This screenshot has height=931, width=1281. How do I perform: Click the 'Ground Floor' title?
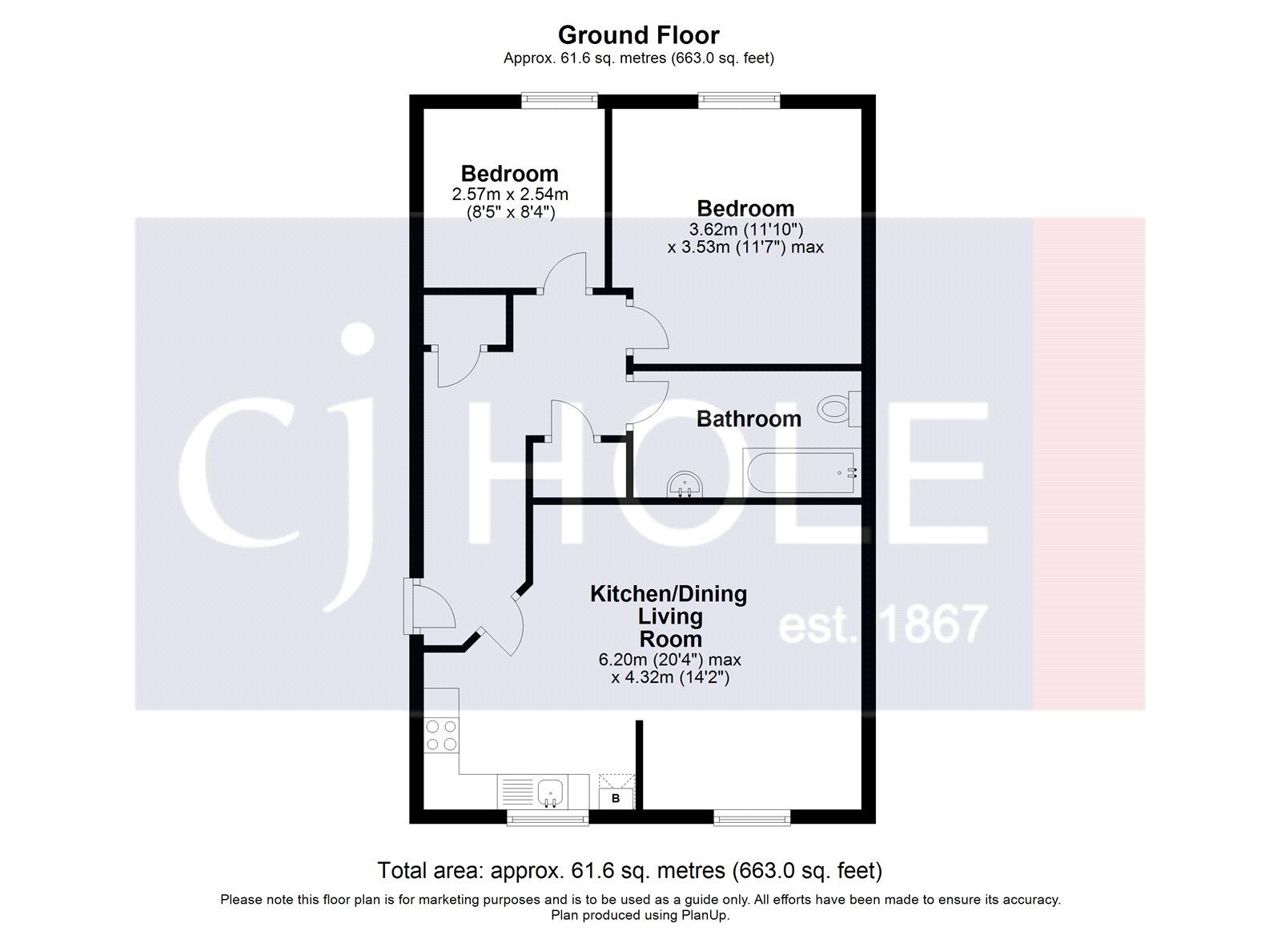click(x=638, y=35)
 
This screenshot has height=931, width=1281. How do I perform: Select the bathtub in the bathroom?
click(x=801, y=473)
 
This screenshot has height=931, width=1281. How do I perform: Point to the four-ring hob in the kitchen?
click(x=441, y=736)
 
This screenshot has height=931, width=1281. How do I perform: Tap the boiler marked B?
click(x=616, y=798)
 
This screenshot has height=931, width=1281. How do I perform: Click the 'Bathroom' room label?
click(x=749, y=419)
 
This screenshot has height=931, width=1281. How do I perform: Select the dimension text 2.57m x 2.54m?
click(x=510, y=195)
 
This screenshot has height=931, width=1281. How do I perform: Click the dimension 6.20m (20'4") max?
click(x=669, y=660)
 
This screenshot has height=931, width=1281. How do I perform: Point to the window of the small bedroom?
click(x=560, y=99)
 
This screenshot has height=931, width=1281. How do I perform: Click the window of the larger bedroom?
click(x=739, y=99)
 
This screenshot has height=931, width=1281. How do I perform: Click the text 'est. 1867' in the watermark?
click(x=882, y=624)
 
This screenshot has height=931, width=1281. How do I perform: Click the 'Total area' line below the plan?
click(x=629, y=870)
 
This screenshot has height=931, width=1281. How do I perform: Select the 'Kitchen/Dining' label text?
click(x=669, y=594)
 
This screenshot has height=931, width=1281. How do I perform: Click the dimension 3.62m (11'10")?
click(x=745, y=230)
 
